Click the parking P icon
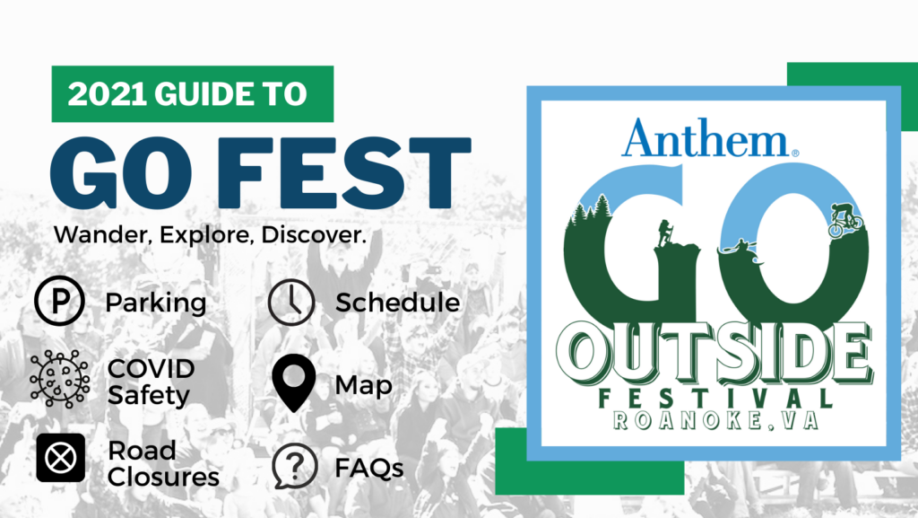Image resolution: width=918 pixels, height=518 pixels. tap(59, 301)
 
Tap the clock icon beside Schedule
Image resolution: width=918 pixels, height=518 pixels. tap(291, 303)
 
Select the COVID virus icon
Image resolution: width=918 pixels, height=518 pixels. tap(60, 379)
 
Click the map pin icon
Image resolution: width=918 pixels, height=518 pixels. tap(294, 382)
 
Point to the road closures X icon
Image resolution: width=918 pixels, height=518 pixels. tap(60, 458)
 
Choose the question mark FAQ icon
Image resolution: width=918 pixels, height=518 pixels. tap(294, 466)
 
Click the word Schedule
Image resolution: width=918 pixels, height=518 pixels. tap(397, 303)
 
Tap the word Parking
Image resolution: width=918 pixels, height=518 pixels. tap(156, 303)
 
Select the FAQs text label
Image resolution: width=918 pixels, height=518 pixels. tap(368, 469)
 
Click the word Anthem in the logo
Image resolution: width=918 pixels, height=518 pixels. tap(706, 138)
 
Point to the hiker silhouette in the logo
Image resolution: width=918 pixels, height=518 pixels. tap(665, 233)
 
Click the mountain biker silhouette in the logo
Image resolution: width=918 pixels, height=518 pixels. tap(845, 219)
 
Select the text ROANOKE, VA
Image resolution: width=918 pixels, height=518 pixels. tap(714, 421)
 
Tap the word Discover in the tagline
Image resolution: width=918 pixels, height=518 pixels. tap(313, 234)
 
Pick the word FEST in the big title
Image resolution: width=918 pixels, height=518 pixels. tap(345, 172)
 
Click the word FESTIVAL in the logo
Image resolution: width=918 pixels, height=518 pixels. tap(715, 399)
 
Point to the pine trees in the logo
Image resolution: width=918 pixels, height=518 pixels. tap(590, 210)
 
